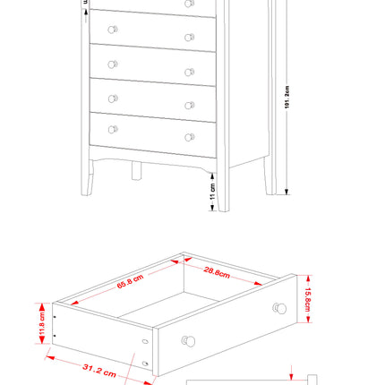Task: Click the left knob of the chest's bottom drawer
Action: (x=113, y=130)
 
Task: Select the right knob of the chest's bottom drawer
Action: (x=190, y=137)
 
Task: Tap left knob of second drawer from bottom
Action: (x=113, y=97)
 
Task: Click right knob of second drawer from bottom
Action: (x=190, y=105)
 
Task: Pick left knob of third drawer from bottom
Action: (x=113, y=64)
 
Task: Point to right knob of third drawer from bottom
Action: (x=190, y=72)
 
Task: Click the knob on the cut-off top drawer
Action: (x=190, y=4)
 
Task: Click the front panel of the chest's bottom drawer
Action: (x=152, y=134)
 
